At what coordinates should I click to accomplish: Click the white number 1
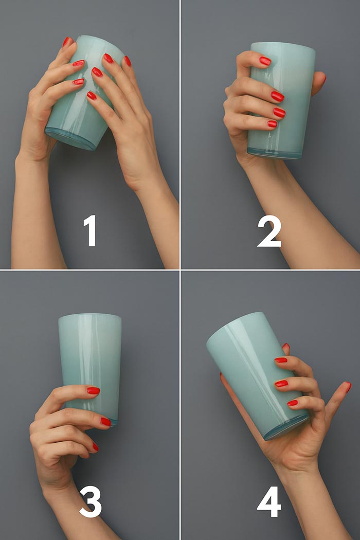91,230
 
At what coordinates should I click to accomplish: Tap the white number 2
269,231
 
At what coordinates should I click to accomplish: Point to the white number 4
269,501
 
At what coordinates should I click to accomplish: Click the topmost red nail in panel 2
265,61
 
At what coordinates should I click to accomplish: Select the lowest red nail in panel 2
272,124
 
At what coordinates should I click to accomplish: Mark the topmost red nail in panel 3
94,390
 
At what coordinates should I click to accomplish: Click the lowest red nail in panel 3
96,447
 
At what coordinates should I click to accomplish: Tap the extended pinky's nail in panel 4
348,387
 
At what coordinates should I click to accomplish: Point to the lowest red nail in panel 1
92,95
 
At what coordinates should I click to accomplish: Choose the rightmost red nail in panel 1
128,61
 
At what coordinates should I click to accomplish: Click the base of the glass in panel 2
275,154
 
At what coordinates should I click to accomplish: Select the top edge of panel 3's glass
89,316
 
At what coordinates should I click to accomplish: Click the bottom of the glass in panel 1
70,139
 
